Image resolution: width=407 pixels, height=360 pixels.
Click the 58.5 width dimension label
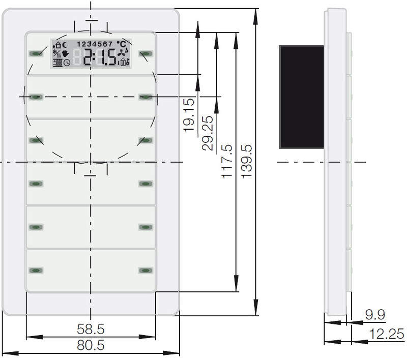pos(91,329)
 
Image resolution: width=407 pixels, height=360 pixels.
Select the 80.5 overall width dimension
pos(91,345)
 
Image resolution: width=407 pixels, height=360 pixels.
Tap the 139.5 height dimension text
pos(247,161)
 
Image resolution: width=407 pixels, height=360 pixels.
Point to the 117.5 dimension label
pos(227,161)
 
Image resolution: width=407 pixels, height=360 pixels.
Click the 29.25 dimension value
pos(208,133)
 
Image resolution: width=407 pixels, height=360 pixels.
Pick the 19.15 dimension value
pos(189,115)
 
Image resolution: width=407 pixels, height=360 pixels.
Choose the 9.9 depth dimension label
pos(375,315)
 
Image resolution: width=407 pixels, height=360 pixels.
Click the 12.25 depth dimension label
pos(387,334)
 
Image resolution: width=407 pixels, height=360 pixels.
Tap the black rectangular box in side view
pos(302,97)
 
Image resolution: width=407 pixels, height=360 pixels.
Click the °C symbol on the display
pos(121,44)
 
